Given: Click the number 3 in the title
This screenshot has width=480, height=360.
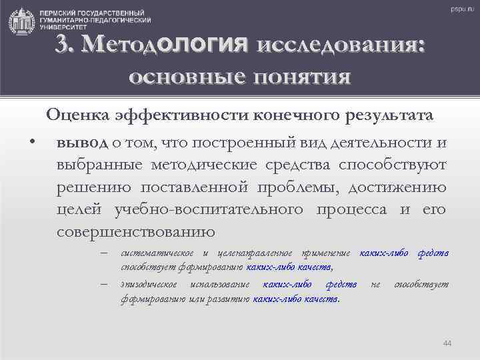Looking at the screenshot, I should point(63,46).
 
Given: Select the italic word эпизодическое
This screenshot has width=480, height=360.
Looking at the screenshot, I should point(150,285).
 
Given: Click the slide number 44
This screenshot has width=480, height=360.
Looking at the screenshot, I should point(447,343).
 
